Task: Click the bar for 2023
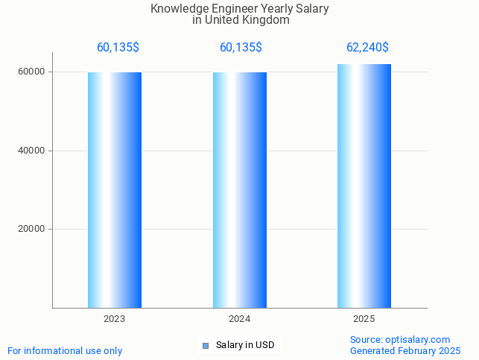(115, 190)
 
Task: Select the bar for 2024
(240, 190)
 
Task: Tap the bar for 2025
(364, 186)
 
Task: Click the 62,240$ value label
(367, 48)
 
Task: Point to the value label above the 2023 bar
(118, 48)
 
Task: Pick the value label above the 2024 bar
(241, 48)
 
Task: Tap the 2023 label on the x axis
(115, 319)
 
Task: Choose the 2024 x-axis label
(240, 319)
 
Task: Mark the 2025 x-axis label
(364, 319)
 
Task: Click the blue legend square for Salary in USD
(206, 345)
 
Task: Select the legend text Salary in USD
(245, 345)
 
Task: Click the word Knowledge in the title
(180, 9)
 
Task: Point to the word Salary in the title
(312, 9)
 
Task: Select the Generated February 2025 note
(405, 351)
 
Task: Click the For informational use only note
(65, 351)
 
